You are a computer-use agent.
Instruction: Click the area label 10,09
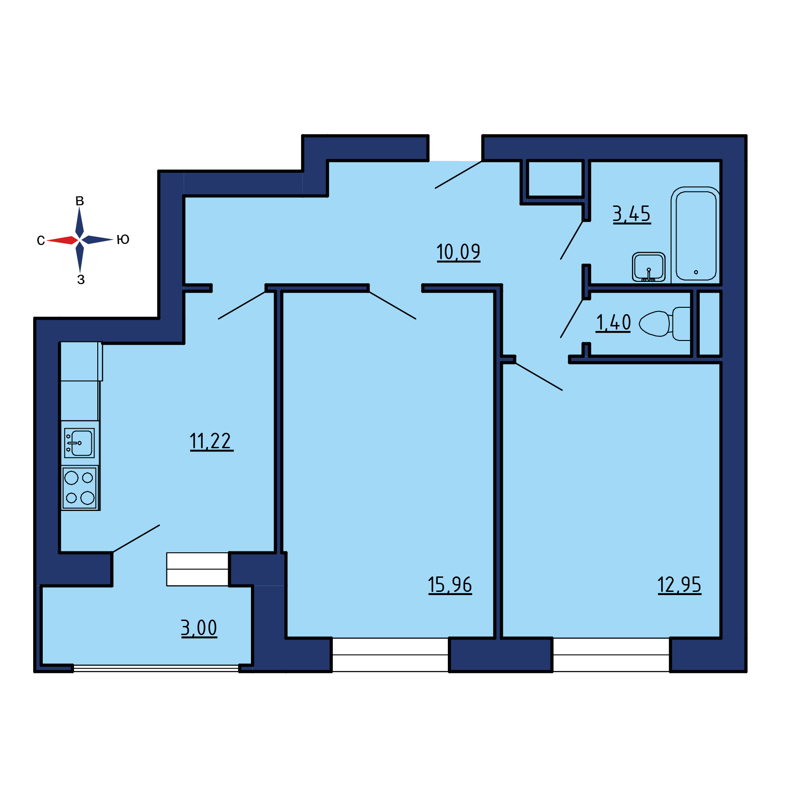pyautogui.click(x=458, y=252)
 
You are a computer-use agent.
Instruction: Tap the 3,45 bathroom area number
pyautogui.click(x=632, y=214)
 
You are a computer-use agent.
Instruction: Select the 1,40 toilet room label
pyautogui.click(x=613, y=323)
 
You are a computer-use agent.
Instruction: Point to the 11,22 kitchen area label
pyautogui.click(x=211, y=441)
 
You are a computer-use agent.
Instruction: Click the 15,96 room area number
pyautogui.click(x=450, y=585)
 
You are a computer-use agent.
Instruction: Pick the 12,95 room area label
pyautogui.click(x=679, y=585)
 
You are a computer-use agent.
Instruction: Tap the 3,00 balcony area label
pyautogui.click(x=199, y=628)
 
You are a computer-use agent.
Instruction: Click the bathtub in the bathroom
pyautogui.click(x=696, y=235)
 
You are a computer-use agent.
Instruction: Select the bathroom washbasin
pyautogui.click(x=649, y=267)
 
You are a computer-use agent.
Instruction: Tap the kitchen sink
pyautogui.click(x=80, y=443)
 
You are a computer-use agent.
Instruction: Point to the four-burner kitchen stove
pyautogui.click(x=80, y=488)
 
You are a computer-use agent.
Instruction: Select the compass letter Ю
pyautogui.click(x=123, y=240)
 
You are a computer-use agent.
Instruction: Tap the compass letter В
pyautogui.click(x=80, y=201)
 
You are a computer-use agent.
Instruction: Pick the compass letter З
pyautogui.click(x=81, y=280)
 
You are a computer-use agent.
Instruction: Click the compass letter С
pyautogui.click(x=41, y=240)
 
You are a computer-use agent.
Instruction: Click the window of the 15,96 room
pyautogui.click(x=390, y=655)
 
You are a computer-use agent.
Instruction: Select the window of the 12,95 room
pyautogui.click(x=611, y=655)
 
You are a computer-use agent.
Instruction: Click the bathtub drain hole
pyautogui.click(x=696, y=272)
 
